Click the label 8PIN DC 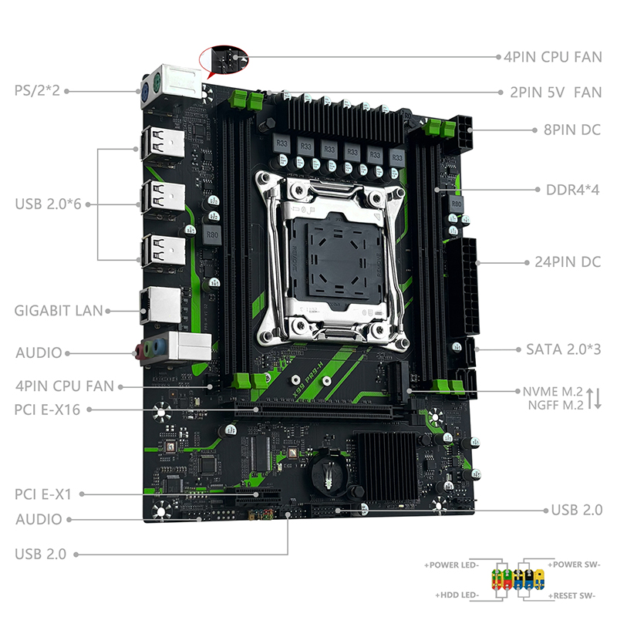[572, 130]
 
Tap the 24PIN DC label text [568, 262]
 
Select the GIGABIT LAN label [59, 311]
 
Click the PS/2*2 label [37, 90]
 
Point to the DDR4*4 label [572, 190]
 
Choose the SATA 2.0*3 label [564, 349]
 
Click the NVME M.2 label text [552, 392]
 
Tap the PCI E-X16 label [47, 410]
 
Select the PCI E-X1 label [43, 494]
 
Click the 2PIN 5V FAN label [555, 93]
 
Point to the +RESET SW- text [575, 595]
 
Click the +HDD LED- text [457, 595]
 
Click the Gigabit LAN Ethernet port [160, 305]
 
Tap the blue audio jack [159, 347]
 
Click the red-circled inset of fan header [224, 60]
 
